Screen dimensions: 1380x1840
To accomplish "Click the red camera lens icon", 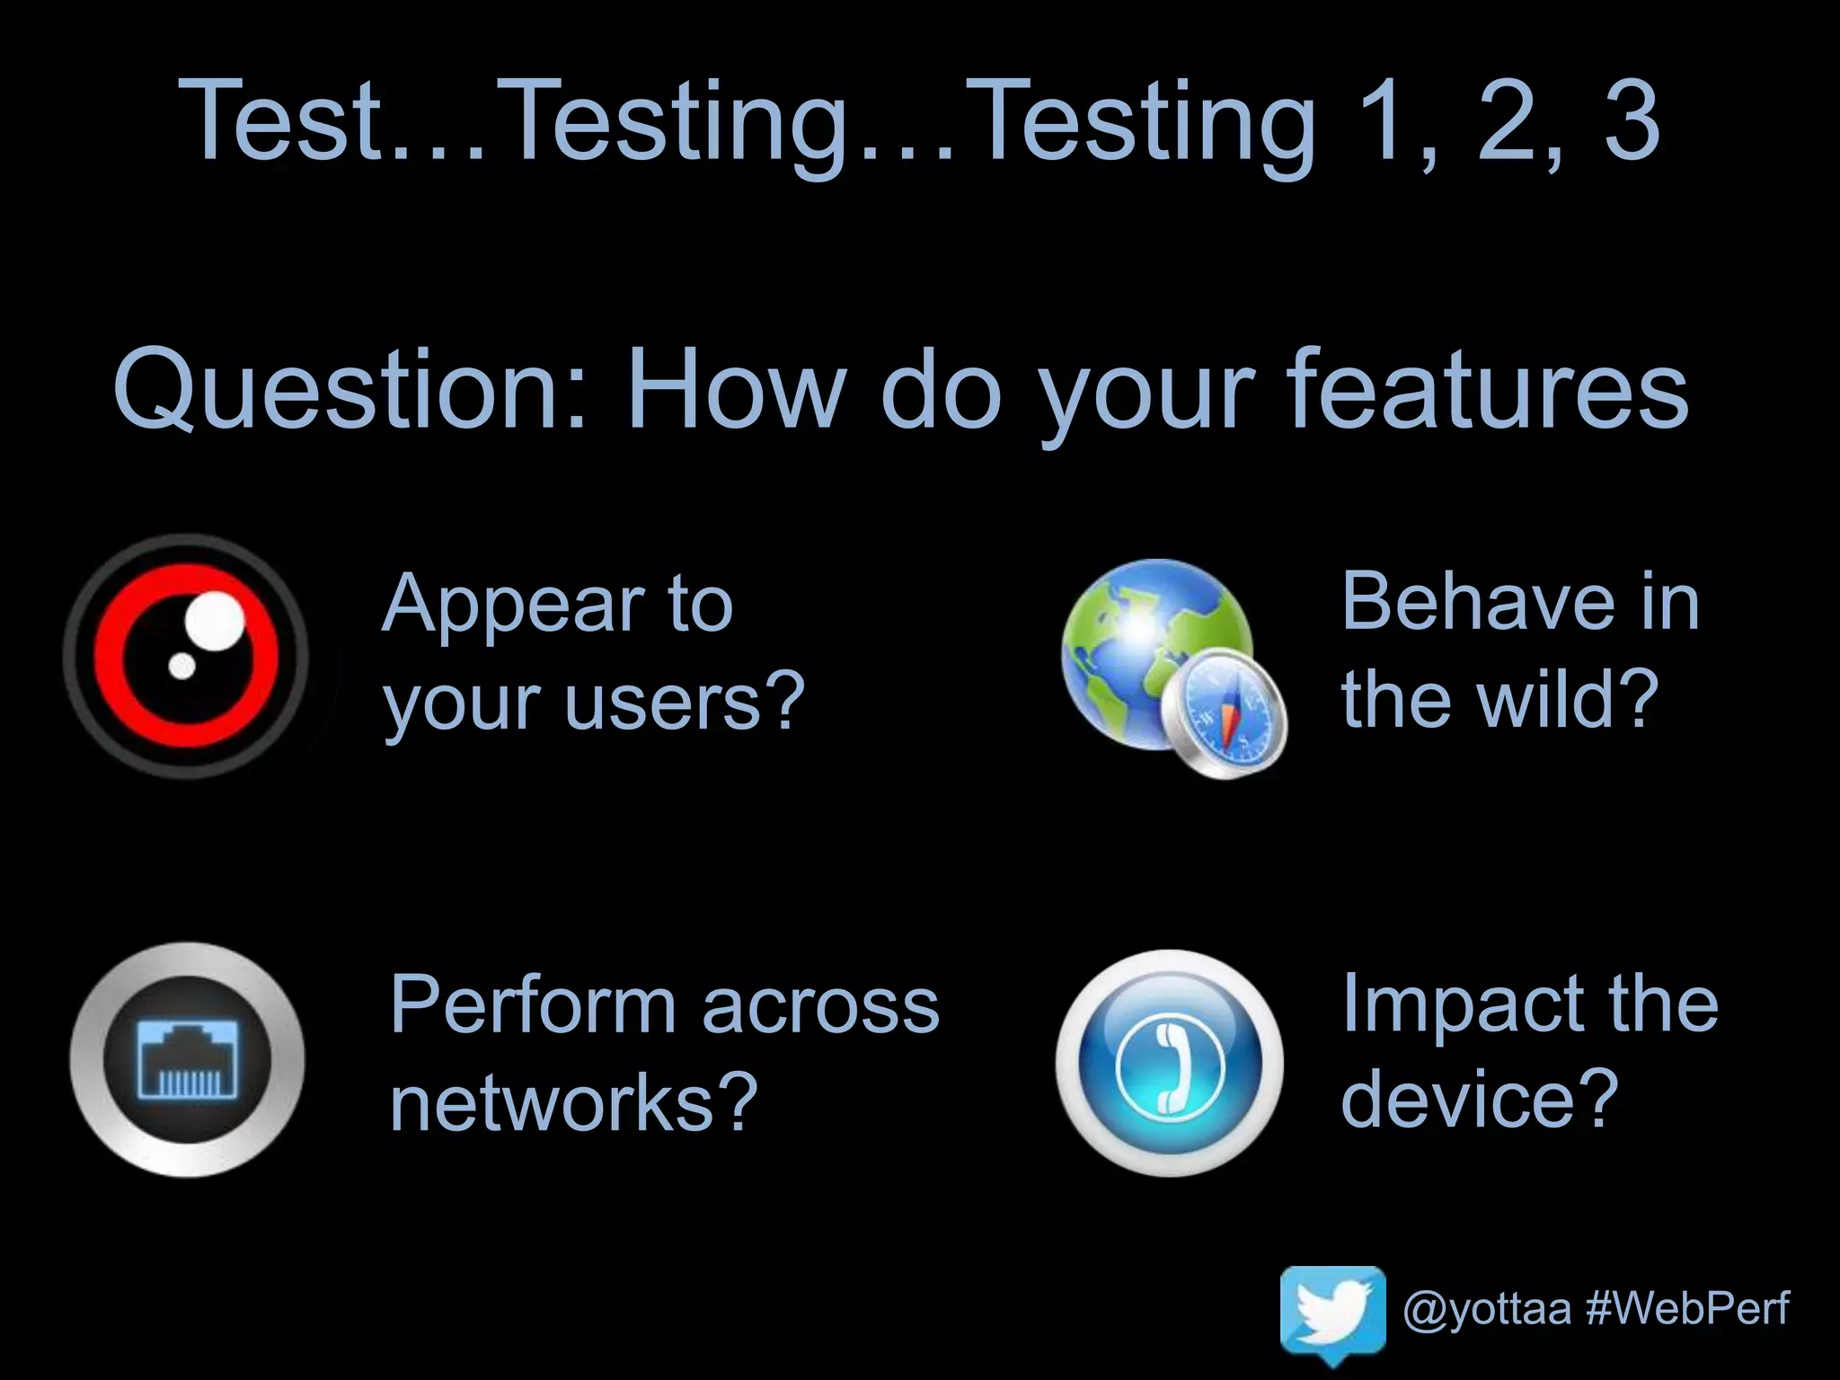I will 186,656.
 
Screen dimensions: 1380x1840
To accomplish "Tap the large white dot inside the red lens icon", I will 214,619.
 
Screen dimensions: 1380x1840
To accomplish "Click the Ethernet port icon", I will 187,1060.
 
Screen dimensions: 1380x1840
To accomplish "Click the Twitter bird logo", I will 1332,1314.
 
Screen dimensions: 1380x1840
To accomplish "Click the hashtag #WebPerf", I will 1687,1308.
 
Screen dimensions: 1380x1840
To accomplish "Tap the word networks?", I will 575,1103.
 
